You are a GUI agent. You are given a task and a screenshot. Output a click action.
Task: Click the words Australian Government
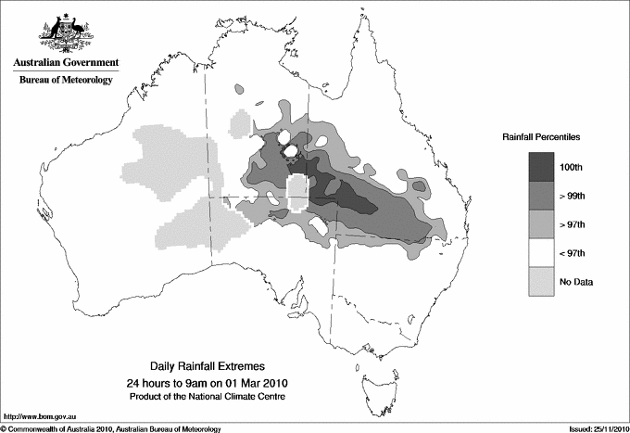coord(65,63)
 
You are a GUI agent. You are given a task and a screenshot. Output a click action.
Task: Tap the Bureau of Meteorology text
coord(65,81)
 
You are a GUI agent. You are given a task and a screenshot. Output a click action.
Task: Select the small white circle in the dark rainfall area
coord(290,150)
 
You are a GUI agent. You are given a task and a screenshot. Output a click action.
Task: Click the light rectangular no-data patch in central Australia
coord(296,195)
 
